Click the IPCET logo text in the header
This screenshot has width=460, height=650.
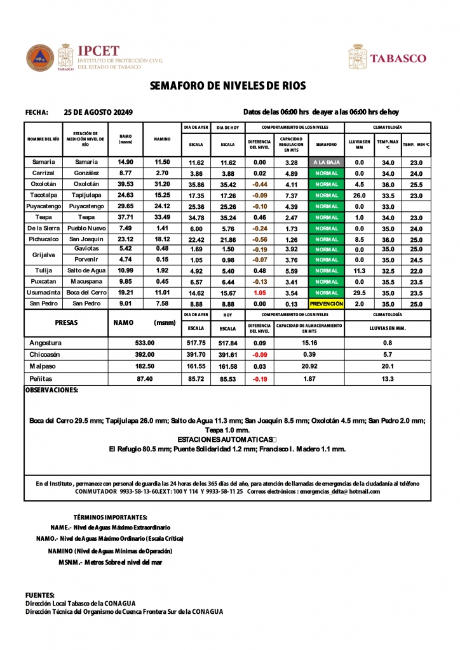(x=98, y=51)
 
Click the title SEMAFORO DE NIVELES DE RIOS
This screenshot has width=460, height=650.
(x=227, y=86)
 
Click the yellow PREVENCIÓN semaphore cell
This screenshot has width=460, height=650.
(x=326, y=303)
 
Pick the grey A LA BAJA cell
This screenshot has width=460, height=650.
(x=326, y=162)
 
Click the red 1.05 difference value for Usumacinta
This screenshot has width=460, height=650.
(x=259, y=293)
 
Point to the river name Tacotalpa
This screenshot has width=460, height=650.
(x=43, y=195)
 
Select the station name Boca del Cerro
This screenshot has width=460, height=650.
(x=86, y=293)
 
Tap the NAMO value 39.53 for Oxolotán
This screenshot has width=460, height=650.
(x=125, y=184)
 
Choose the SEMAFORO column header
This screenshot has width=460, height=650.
(x=326, y=144)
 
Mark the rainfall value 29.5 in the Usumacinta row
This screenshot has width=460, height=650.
(x=359, y=293)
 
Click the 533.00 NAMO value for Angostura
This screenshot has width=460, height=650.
(x=145, y=343)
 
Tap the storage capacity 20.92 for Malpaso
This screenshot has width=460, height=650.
(x=309, y=366)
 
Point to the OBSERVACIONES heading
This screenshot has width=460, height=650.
(x=51, y=390)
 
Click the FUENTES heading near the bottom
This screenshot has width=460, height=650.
(x=40, y=595)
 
